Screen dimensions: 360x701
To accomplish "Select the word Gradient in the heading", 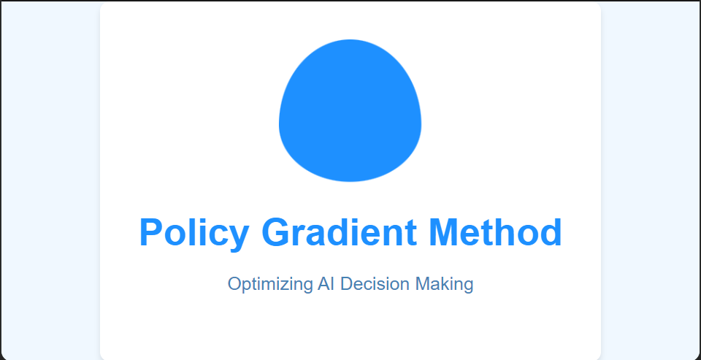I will point(340,233).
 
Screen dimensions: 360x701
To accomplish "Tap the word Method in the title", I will point(496,233).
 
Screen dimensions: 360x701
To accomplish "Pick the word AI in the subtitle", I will point(326,283).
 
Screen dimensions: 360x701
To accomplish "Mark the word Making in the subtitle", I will point(444,284).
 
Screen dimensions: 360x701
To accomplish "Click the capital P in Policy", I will point(153,233).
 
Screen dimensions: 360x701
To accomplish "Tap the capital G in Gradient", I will point(277,233).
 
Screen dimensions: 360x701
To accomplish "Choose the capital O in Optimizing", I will point(235,283).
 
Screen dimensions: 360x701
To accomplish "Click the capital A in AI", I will point(323,283).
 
